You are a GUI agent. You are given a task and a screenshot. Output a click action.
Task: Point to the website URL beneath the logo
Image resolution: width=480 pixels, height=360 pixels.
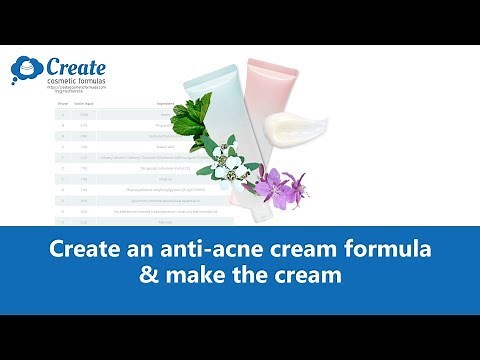click(75, 90)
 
